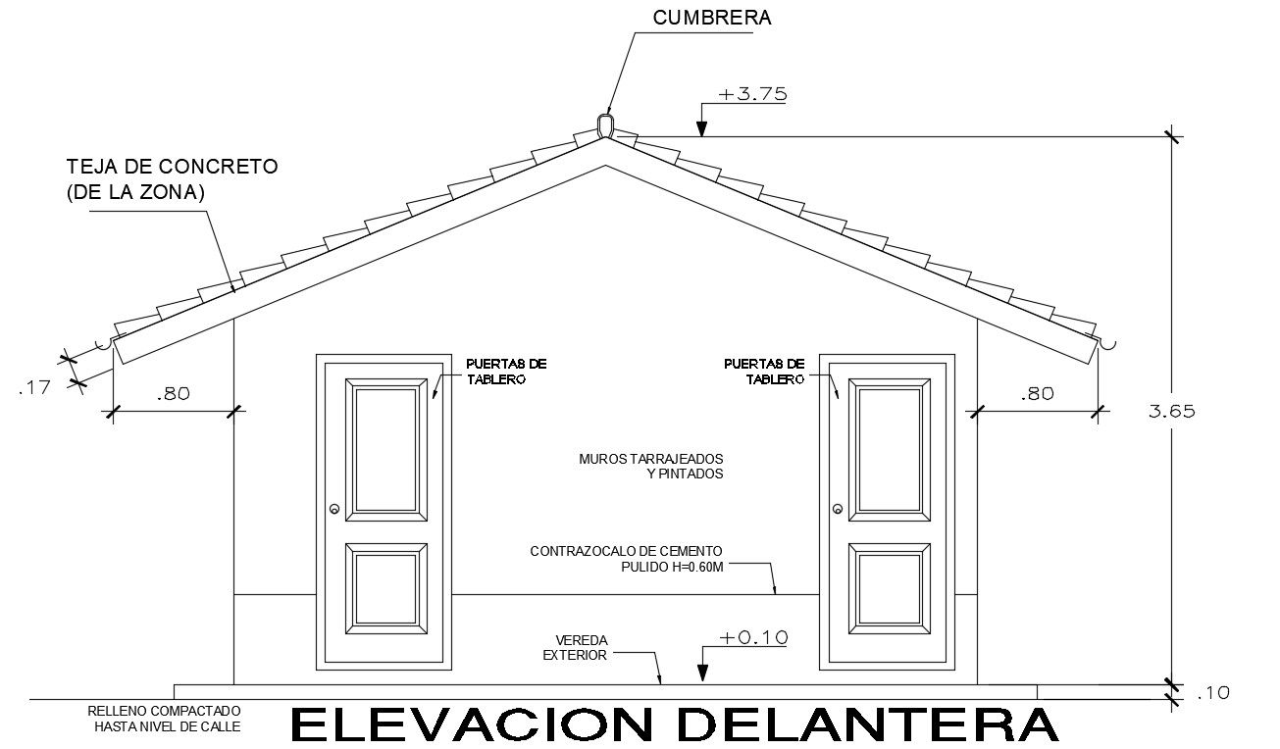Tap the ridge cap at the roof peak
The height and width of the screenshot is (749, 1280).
[605, 125]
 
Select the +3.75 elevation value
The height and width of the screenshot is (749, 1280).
[752, 95]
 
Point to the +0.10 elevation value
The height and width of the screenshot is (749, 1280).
[752, 637]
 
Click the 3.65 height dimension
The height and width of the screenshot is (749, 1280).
[1171, 412]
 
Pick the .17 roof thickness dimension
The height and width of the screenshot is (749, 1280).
[34, 388]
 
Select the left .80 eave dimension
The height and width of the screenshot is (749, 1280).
[172, 394]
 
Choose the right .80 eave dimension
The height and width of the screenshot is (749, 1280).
[1037, 394]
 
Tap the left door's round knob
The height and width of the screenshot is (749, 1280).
[334, 509]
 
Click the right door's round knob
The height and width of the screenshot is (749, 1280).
[838, 509]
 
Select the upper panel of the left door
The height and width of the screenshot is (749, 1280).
[386, 449]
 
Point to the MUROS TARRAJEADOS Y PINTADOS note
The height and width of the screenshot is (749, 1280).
[651, 466]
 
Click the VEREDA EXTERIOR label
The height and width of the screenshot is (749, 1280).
[575, 647]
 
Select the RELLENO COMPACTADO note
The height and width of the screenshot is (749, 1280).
[164, 719]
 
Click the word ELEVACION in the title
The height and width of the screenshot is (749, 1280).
[472, 724]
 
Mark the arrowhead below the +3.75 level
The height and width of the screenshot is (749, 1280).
[702, 127]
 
